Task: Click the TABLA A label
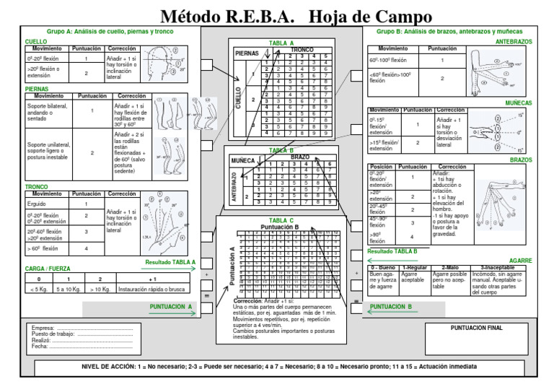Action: [x=282, y=43]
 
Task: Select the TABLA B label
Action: [x=281, y=150]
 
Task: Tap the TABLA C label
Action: [x=281, y=220]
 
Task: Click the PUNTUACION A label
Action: [x=171, y=307]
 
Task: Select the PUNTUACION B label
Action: [x=390, y=307]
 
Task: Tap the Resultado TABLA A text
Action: [x=170, y=262]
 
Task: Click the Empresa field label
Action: [x=44, y=327]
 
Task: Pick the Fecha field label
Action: [x=40, y=346]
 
